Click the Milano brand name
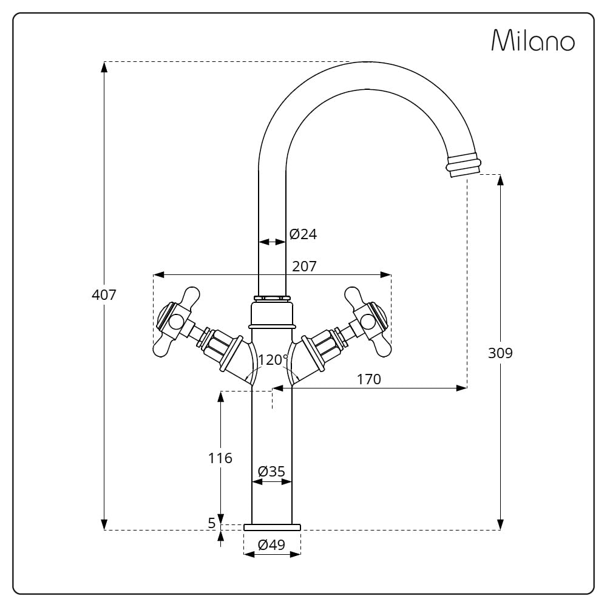coord(533,40)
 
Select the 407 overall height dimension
coord(104,295)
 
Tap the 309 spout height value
coord(500,353)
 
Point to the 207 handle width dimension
coord(304,266)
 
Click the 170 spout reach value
coord(368,379)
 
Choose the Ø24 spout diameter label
coord(303,234)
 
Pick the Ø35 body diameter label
coord(271,472)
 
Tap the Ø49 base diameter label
coord(271,545)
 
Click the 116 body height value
coord(220,458)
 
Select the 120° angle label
coord(273,359)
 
